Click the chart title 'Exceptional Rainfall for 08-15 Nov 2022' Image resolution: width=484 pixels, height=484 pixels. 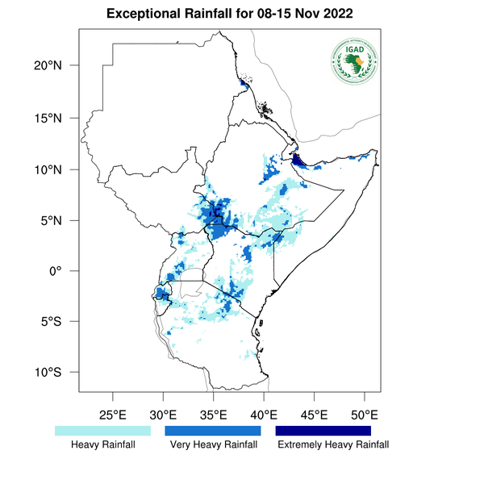(229, 15)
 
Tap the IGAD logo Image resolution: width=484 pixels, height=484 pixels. (353, 60)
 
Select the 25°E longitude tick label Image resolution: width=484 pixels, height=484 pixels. (112, 415)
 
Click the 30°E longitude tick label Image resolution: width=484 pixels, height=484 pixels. (163, 415)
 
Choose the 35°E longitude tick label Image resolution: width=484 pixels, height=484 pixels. (214, 415)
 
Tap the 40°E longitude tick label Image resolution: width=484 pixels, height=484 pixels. (264, 415)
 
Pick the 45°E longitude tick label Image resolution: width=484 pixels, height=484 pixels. (315, 415)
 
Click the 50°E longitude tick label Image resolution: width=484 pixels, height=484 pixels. (365, 415)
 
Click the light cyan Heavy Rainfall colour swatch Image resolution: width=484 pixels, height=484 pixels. (102, 432)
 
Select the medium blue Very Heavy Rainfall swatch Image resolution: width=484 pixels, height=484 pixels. (213, 432)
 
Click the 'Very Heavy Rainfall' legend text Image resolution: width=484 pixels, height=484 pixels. (213, 444)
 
